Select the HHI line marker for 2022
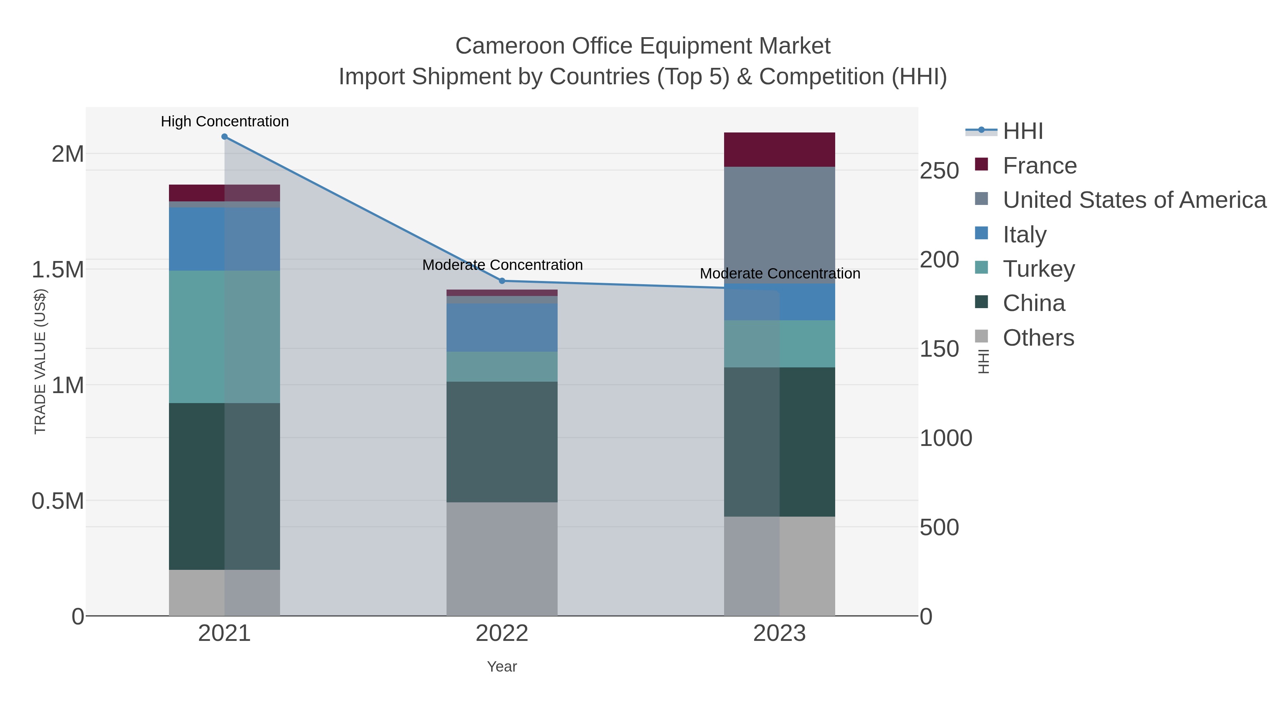pos(502,281)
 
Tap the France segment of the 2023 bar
pos(779,150)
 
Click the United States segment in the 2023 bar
pos(779,225)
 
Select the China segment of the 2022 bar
pos(502,442)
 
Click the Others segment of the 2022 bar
pos(502,559)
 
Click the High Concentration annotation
pos(225,121)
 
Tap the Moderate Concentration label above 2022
pos(502,265)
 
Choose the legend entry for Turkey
pos(1038,269)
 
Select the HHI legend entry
pos(1022,131)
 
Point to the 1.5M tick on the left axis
pos(58,270)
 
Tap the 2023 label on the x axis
pos(779,634)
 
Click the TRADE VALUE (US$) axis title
pos(40,362)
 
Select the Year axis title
pos(502,667)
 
